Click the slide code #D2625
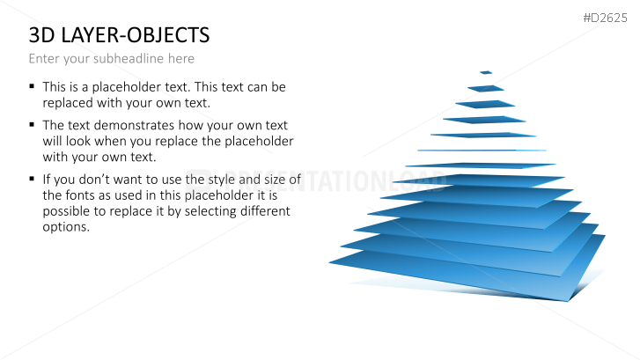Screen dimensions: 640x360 pos(605,18)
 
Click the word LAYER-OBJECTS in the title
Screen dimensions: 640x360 pos(135,35)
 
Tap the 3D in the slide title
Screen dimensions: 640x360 pos(41,35)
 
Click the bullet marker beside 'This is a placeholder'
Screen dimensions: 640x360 pos(32,86)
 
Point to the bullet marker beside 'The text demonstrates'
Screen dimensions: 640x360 pos(32,124)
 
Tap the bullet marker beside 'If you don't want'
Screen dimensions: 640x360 pos(32,179)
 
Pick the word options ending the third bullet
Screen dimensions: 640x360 pos(66,227)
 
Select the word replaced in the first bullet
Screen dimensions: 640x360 pos(68,103)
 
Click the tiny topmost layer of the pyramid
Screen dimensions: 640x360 pos(486,73)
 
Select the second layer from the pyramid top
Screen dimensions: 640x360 pos(486,89)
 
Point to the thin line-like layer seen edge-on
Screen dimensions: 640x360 pos(482,151)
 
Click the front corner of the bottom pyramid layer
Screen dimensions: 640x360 pos(568,301)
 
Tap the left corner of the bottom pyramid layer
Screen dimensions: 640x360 pos(329,263)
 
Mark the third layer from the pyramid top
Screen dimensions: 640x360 pos(485,105)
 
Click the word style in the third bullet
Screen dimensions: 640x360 pos(222,180)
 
